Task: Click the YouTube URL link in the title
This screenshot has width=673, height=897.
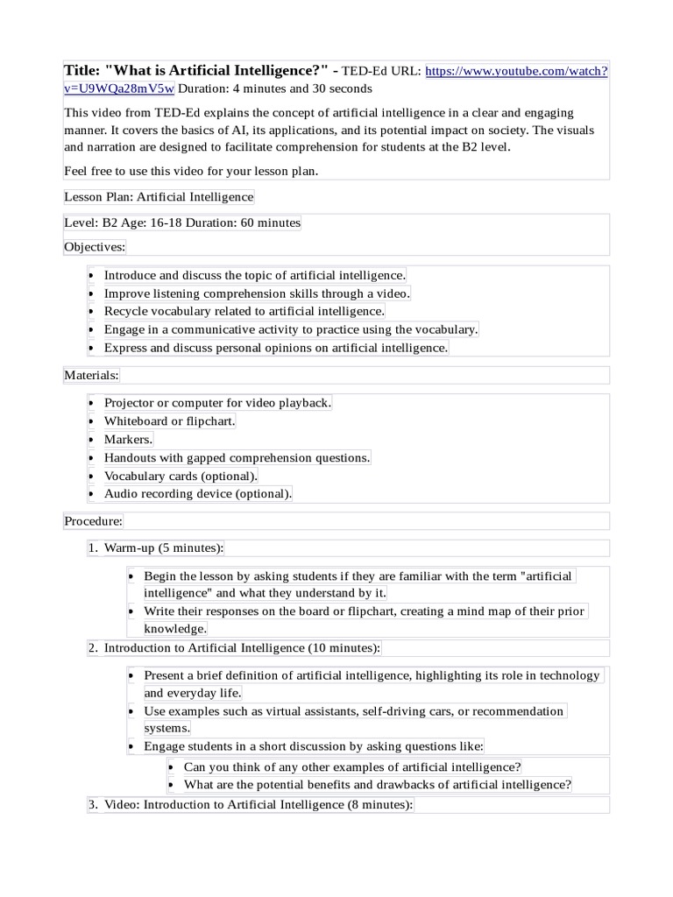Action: (x=516, y=72)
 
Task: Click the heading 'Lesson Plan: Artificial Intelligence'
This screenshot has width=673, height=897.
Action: (x=159, y=197)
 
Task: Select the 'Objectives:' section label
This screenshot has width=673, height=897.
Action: (x=95, y=247)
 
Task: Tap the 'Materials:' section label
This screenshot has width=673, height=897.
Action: (x=92, y=375)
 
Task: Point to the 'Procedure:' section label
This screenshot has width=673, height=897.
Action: (x=94, y=521)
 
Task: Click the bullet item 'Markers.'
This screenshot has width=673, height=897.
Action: (x=128, y=439)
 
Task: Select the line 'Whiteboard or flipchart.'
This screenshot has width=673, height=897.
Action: (x=170, y=421)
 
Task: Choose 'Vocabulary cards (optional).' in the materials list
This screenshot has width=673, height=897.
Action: (x=181, y=476)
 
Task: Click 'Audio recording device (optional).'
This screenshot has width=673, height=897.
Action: (x=198, y=493)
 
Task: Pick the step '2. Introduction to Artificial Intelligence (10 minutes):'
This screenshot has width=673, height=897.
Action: (x=242, y=648)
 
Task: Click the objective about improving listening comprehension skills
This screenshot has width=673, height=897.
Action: (x=257, y=293)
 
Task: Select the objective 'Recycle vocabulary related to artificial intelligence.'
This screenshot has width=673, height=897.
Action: (x=244, y=311)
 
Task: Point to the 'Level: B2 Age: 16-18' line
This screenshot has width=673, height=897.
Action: (x=182, y=222)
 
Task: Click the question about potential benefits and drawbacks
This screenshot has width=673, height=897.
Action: (x=378, y=785)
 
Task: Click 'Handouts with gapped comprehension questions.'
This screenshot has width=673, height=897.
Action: (x=237, y=457)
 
